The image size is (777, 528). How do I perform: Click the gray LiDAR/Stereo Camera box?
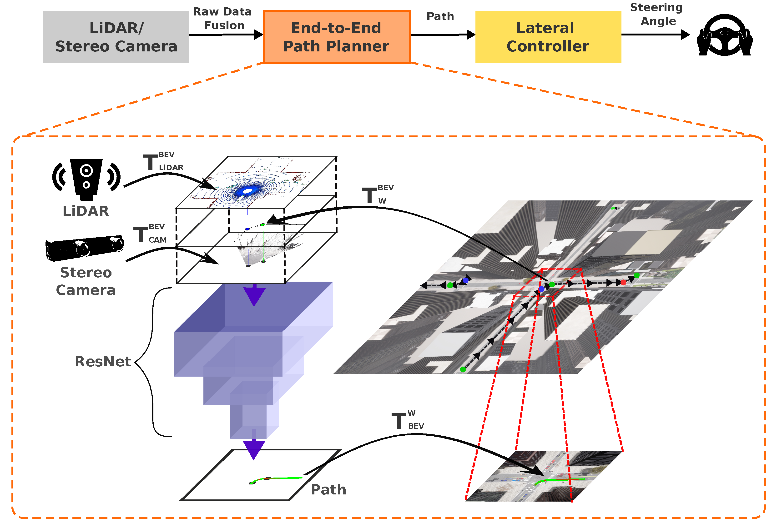point(116,37)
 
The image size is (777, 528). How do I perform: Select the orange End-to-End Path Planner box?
point(336,37)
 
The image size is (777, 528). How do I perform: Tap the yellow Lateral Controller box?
point(548,37)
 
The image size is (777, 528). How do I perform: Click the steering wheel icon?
point(725,35)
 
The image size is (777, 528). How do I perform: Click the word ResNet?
point(103,362)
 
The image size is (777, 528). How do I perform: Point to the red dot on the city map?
point(623,283)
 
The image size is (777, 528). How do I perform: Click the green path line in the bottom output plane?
point(277,478)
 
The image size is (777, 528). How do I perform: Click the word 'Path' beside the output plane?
point(328,490)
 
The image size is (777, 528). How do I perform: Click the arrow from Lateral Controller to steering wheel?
point(655,35)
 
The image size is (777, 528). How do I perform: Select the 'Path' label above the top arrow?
point(440,16)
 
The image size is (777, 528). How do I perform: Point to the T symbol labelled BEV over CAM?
point(141,234)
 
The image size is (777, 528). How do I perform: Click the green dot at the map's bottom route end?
point(463,369)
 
